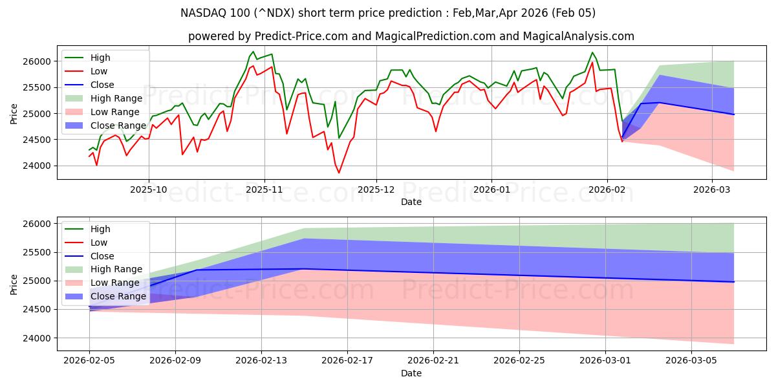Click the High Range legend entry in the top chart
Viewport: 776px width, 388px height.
pyautogui.click(x=117, y=98)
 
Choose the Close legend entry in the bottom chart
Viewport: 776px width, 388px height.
pyautogui.click(x=102, y=256)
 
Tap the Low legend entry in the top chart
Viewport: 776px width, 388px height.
pyautogui.click(x=100, y=71)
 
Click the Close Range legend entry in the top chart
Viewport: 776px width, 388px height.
pyautogui.click(x=118, y=125)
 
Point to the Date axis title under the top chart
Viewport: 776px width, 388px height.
pyautogui.click(x=411, y=202)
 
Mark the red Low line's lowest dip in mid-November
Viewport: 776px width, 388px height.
pyautogui.click(x=338, y=173)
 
